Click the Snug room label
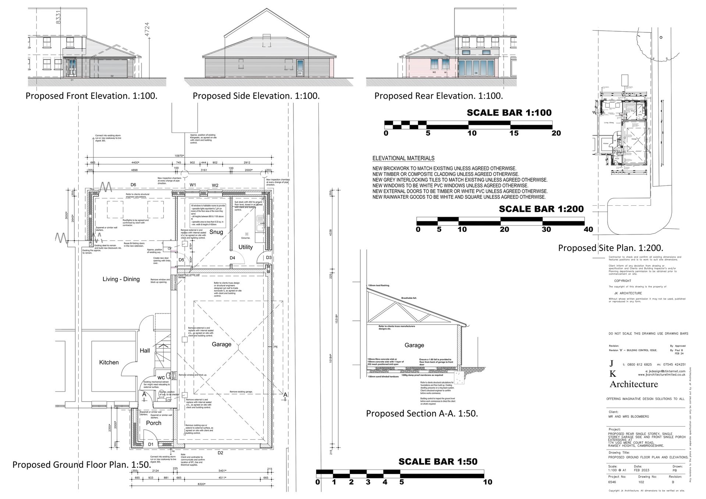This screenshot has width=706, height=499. click(216, 232)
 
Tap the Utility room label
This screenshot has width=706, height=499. click(245, 247)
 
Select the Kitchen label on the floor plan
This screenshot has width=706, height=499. click(109, 362)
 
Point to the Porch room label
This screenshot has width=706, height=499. click(154, 423)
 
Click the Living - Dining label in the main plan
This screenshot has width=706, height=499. click(121, 279)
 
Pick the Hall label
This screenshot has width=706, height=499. click(145, 351)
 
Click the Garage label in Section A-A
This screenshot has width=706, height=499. click(414, 345)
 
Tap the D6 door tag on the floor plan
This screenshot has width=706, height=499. click(133, 185)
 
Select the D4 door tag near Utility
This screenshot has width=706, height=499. click(232, 258)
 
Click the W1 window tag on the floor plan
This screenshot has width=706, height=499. click(193, 185)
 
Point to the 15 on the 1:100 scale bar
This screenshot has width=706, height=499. click(514, 133)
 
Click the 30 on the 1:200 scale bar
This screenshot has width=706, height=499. click(546, 230)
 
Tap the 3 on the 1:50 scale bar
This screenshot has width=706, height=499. click(368, 482)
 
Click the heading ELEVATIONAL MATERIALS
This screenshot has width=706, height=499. click(403, 159)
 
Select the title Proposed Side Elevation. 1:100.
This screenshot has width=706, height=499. click(256, 96)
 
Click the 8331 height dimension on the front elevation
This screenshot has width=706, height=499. click(58, 17)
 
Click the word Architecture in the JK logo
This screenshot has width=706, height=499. click(634, 385)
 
